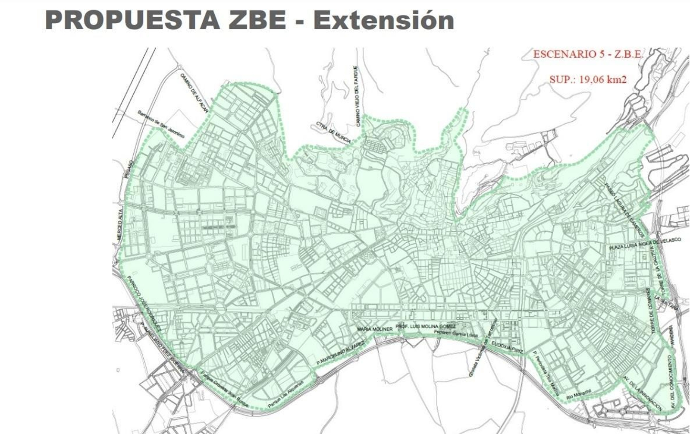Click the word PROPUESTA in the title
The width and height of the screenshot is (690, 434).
[132, 20]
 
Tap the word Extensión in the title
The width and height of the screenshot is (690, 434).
[383, 20]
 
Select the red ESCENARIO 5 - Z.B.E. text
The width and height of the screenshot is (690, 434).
[588, 54]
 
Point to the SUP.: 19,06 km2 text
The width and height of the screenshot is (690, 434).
[588, 79]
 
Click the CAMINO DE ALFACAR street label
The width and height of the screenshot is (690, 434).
[194, 93]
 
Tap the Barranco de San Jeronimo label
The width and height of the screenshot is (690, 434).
[161, 124]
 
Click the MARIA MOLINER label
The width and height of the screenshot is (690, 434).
[374, 329]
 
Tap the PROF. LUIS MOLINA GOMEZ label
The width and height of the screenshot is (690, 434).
[425, 327]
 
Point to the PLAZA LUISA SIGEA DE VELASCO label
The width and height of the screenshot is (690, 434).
[645, 244]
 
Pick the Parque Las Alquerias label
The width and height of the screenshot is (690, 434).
[285, 395]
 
